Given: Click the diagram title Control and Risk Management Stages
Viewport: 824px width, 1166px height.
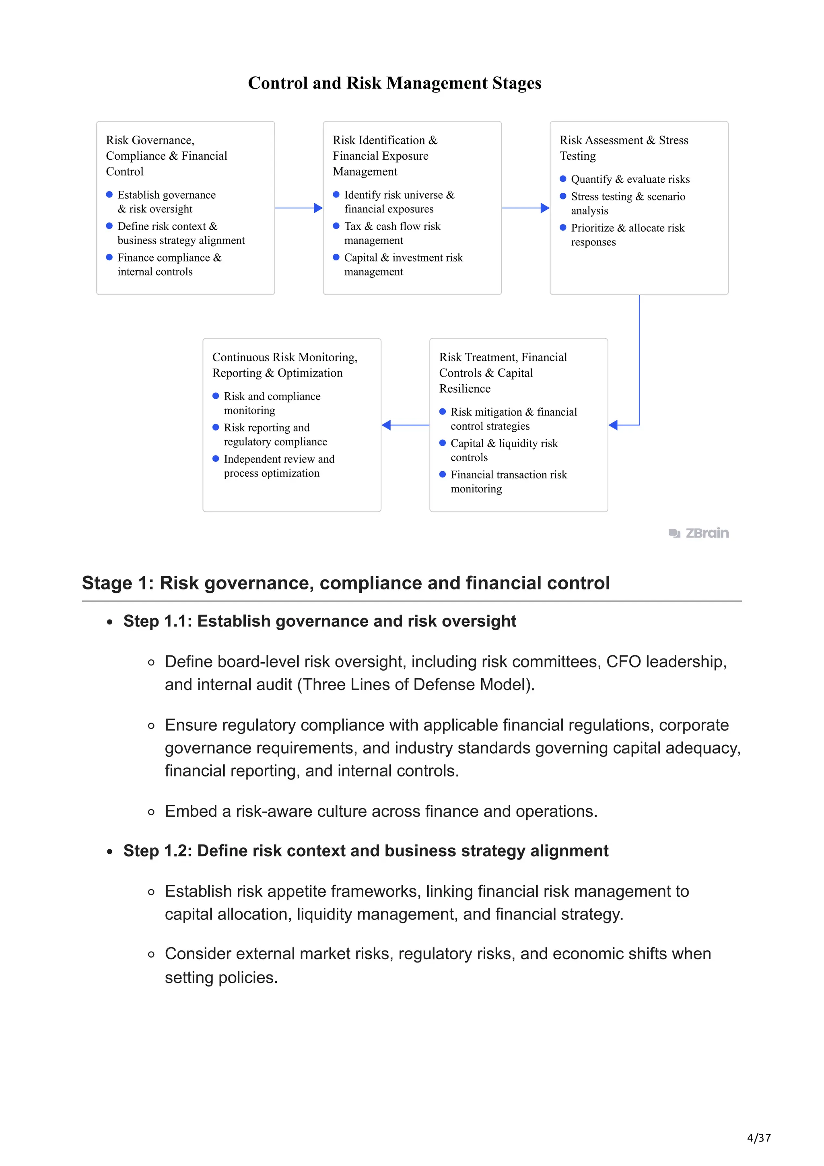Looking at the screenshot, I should click(394, 83).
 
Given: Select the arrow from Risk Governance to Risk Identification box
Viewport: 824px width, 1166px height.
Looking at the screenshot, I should click(299, 208).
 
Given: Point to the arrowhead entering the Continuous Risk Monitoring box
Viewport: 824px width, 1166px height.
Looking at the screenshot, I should click(386, 425).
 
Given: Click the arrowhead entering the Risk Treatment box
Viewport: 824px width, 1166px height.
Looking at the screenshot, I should click(613, 425).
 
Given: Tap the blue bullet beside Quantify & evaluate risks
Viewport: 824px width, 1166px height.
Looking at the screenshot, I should click(562, 179).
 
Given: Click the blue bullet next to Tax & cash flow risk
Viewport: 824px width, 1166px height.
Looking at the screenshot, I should click(336, 226).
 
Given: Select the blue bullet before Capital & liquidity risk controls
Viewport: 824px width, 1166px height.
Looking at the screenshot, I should click(442, 443).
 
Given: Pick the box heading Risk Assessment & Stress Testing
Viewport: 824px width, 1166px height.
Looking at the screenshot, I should click(624, 148).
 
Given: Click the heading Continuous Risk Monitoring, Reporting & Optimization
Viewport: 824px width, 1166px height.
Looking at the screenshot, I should click(284, 365).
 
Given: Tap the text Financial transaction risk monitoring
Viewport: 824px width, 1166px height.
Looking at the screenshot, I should click(508, 482).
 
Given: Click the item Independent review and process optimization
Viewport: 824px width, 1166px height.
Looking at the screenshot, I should click(279, 466).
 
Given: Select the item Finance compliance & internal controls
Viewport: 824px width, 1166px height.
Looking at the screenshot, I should click(169, 265).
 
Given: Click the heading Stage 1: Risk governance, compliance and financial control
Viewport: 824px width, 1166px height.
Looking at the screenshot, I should click(346, 583).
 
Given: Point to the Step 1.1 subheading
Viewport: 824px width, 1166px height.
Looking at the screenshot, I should click(319, 621).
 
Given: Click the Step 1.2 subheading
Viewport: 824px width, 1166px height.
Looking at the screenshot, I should click(366, 851).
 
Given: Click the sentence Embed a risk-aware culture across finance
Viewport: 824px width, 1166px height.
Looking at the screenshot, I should click(381, 811).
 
